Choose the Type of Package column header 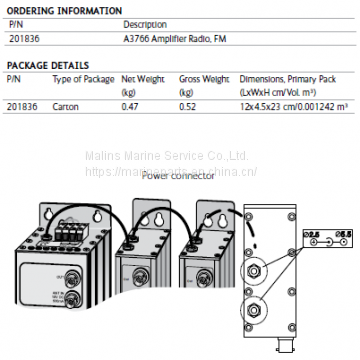pos(81,78)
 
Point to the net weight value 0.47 pos(130,106)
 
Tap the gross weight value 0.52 pos(187,106)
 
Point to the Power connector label pos(178,175)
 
